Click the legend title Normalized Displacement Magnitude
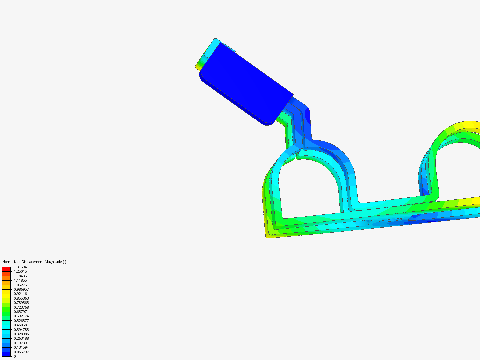tap(34, 262)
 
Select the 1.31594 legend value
tap(20, 267)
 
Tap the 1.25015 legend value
tap(20, 271)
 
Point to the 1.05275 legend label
tap(20, 285)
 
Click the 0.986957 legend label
tap(21, 289)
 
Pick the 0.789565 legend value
tap(21, 303)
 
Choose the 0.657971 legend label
tap(21, 312)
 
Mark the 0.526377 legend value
tap(21, 321)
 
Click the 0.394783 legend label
tap(21, 330)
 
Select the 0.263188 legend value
tap(21, 338)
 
